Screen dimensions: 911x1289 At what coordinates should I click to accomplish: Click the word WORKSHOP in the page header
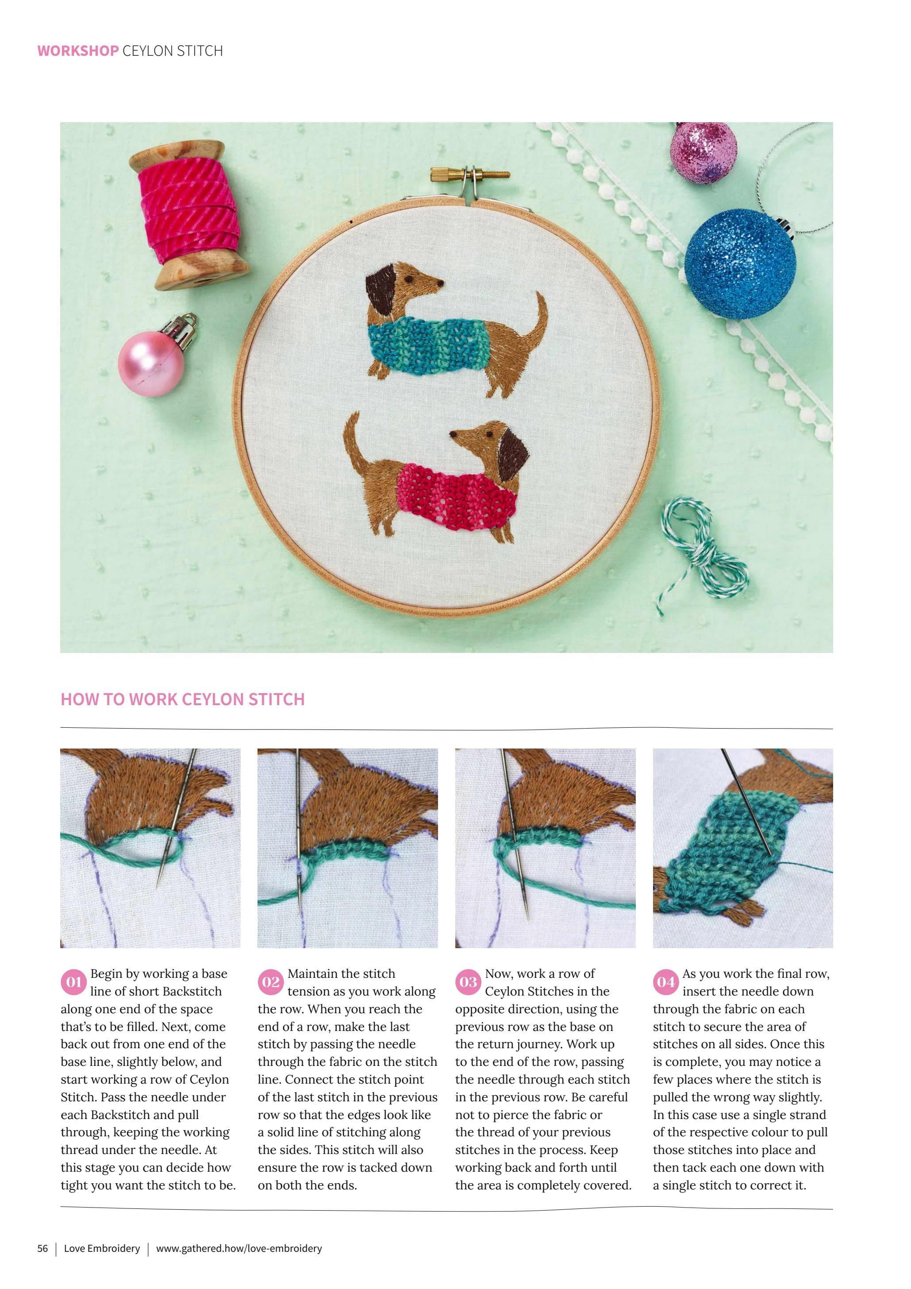click(x=78, y=51)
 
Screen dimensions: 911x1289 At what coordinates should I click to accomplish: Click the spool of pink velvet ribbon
click(x=187, y=214)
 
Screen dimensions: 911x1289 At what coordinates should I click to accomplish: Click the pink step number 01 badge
click(x=73, y=982)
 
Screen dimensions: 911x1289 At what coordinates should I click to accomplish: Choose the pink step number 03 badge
click(x=468, y=982)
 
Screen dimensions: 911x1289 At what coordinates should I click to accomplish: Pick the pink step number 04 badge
click(x=666, y=982)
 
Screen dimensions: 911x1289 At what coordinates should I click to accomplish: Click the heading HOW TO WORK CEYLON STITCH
click(x=182, y=699)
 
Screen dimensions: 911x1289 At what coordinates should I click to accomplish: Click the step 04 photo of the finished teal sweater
click(x=742, y=848)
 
